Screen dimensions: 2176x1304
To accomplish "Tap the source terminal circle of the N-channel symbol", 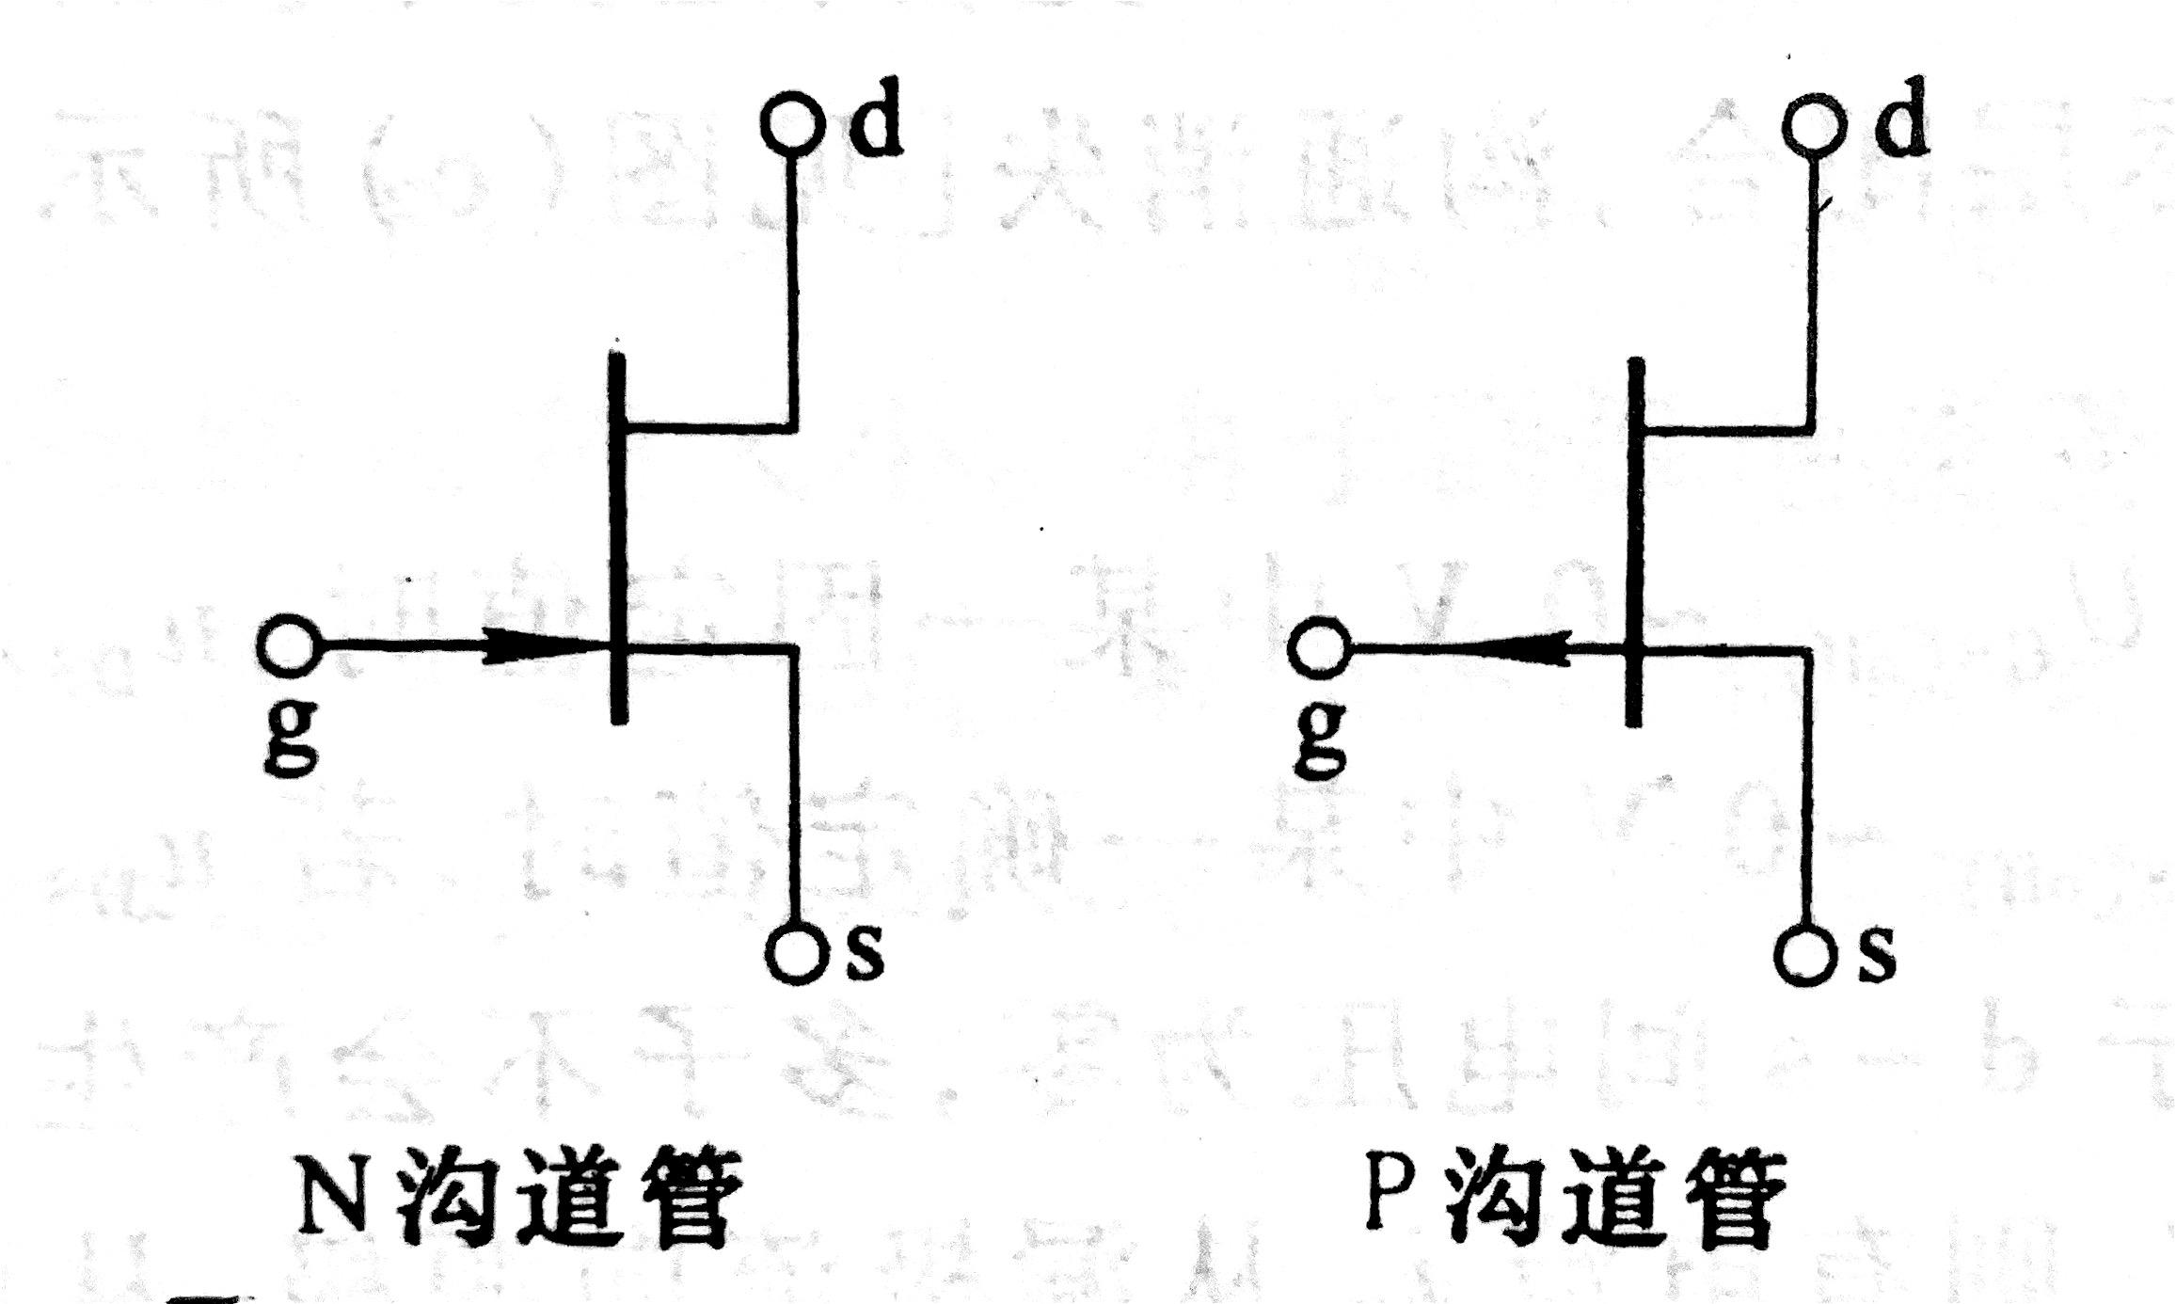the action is coord(796,955).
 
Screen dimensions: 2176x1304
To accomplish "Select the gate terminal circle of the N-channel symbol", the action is coord(288,646).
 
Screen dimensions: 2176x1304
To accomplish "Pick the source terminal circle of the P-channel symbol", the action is coord(1804,956).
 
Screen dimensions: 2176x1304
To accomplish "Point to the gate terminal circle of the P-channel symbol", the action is coord(1319,647).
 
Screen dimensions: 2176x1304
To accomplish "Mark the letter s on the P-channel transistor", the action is coord(1876,956).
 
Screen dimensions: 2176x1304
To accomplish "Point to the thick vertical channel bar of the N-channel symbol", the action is coord(617,536).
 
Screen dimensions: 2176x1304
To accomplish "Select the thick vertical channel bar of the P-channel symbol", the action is coord(1636,541).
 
